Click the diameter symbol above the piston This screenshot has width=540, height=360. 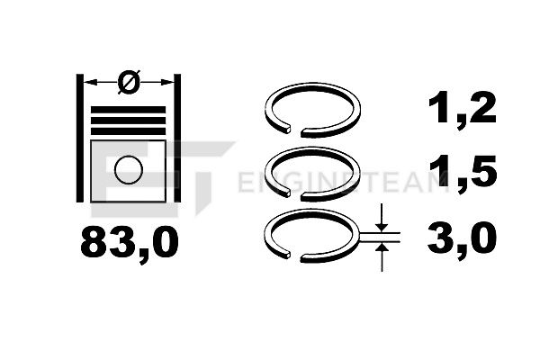point(129,82)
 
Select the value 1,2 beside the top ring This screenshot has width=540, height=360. point(462,109)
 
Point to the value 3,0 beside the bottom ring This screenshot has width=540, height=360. point(462,238)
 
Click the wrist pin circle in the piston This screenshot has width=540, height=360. point(129,169)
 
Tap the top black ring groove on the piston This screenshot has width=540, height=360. point(128,110)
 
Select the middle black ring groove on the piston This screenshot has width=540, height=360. point(128,121)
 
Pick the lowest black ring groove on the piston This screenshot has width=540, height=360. point(128,131)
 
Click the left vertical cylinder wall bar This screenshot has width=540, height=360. point(79,138)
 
